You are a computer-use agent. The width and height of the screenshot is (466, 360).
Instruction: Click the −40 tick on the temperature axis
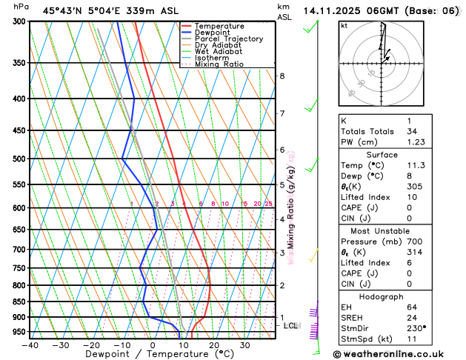click(30, 345)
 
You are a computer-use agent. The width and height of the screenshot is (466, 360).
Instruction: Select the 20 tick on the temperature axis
click(213, 345)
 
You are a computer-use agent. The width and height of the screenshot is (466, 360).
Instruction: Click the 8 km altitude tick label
click(282, 76)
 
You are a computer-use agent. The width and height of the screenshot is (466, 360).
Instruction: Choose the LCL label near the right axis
click(291, 325)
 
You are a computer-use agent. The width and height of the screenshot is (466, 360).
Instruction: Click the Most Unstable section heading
click(380, 230)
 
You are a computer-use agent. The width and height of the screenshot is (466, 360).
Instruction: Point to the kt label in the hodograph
click(344, 26)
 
